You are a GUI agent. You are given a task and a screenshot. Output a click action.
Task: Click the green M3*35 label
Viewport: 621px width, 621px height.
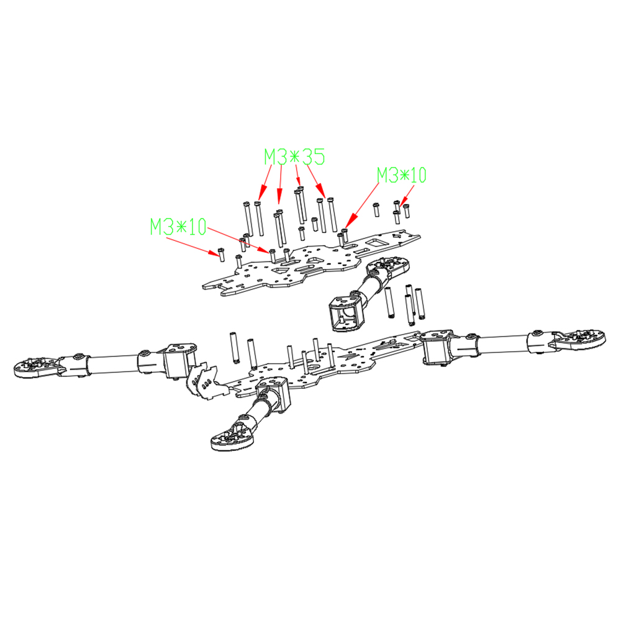294,157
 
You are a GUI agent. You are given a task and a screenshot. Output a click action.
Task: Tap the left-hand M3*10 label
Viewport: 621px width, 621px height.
178,227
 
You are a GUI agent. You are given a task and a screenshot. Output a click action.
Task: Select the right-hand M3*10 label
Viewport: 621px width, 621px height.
401,175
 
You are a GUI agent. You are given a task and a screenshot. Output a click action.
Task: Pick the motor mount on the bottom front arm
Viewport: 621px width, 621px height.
232,434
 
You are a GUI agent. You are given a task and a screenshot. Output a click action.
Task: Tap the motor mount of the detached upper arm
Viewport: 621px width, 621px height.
389,268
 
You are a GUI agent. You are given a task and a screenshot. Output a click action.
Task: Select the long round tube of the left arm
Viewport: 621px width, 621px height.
113,363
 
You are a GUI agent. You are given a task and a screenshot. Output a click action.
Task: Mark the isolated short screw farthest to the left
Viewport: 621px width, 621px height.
221,254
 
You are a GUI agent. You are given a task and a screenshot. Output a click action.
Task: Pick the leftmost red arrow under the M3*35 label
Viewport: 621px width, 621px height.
265,183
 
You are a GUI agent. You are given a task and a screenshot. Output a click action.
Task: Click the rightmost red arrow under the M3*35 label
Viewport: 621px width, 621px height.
317,181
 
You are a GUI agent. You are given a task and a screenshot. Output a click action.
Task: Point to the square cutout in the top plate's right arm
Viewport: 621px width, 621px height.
374,242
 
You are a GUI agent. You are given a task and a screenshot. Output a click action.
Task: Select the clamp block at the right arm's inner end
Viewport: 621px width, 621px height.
437,346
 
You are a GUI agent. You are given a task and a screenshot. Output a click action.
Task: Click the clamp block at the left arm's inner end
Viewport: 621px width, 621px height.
181,360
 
